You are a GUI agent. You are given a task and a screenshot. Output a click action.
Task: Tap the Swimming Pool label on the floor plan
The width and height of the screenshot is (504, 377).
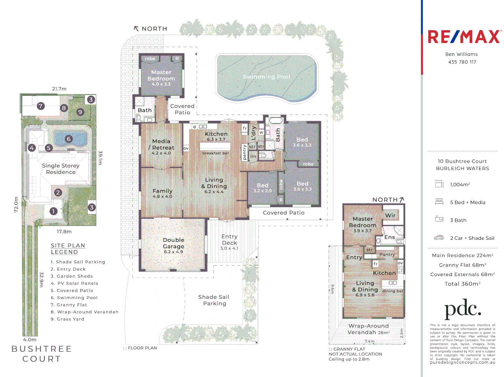[x=267, y=77]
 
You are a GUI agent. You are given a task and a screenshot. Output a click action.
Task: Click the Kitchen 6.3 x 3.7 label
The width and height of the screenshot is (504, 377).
[x=216, y=136]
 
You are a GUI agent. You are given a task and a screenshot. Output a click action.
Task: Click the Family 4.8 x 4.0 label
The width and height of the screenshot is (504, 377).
[x=162, y=193]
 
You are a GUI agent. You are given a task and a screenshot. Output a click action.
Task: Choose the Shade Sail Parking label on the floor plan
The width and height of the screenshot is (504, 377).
[x=214, y=300]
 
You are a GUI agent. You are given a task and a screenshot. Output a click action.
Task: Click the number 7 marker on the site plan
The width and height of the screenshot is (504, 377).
[x=41, y=106]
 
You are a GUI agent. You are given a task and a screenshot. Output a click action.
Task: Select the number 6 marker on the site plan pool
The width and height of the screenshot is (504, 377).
[x=69, y=139]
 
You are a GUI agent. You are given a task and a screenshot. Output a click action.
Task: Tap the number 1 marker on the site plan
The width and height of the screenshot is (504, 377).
[x=53, y=211]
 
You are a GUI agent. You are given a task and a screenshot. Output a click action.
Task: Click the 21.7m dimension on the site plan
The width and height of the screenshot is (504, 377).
[x=59, y=89]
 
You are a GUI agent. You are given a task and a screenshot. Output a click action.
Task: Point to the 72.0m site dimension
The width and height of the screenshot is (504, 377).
[x=16, y=204]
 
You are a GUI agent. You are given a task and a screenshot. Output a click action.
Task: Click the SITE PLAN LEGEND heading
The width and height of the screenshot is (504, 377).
[x=68, y=249]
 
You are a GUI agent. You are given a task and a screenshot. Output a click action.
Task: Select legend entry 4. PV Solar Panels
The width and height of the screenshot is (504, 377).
[x=74, y=283]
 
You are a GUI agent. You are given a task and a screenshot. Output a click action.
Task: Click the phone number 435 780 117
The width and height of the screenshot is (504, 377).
[x=462, y=62]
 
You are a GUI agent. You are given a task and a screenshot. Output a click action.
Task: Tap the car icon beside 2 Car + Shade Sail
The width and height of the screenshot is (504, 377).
[x=439, y=238]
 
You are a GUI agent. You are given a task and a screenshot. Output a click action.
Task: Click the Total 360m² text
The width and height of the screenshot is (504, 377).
[x=462, y=284]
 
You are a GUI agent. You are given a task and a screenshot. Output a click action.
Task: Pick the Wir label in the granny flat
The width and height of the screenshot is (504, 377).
[x=390, y=215]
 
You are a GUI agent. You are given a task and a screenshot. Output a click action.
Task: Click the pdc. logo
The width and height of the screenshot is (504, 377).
[x=463, y=309]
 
